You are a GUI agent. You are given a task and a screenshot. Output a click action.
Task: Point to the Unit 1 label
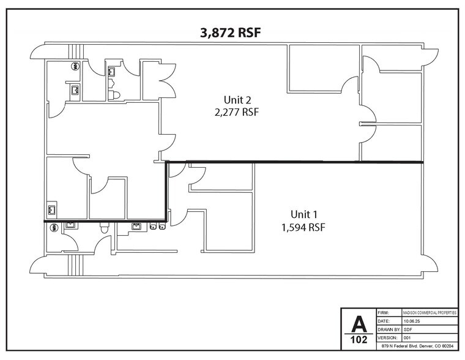pos(304,214)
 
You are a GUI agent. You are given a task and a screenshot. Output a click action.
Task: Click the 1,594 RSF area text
pos(304,227)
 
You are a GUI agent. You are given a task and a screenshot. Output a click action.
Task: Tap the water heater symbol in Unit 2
pos(75,66)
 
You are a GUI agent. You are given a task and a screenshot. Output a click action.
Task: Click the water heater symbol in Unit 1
pos(53,227)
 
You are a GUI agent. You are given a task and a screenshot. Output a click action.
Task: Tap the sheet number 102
pos(359,339)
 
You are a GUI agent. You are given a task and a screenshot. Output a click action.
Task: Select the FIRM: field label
pos(385,312)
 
